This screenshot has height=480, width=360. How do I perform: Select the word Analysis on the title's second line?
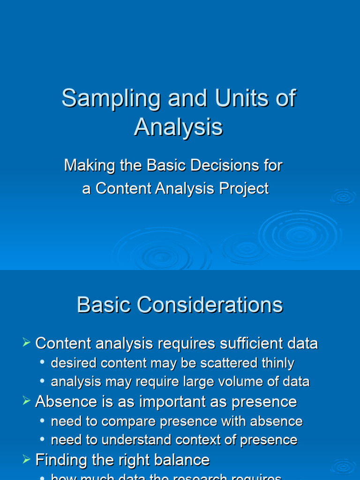(x=178, y=127)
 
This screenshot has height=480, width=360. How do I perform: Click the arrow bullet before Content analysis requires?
(x=26, y=344)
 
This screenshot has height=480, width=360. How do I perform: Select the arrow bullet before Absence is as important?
(x=26, y=402)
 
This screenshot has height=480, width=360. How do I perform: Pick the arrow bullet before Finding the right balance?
(x=26, y=459)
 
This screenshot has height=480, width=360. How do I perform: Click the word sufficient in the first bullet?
(x=244, y=344)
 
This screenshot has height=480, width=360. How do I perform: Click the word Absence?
(x=64, y=402)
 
